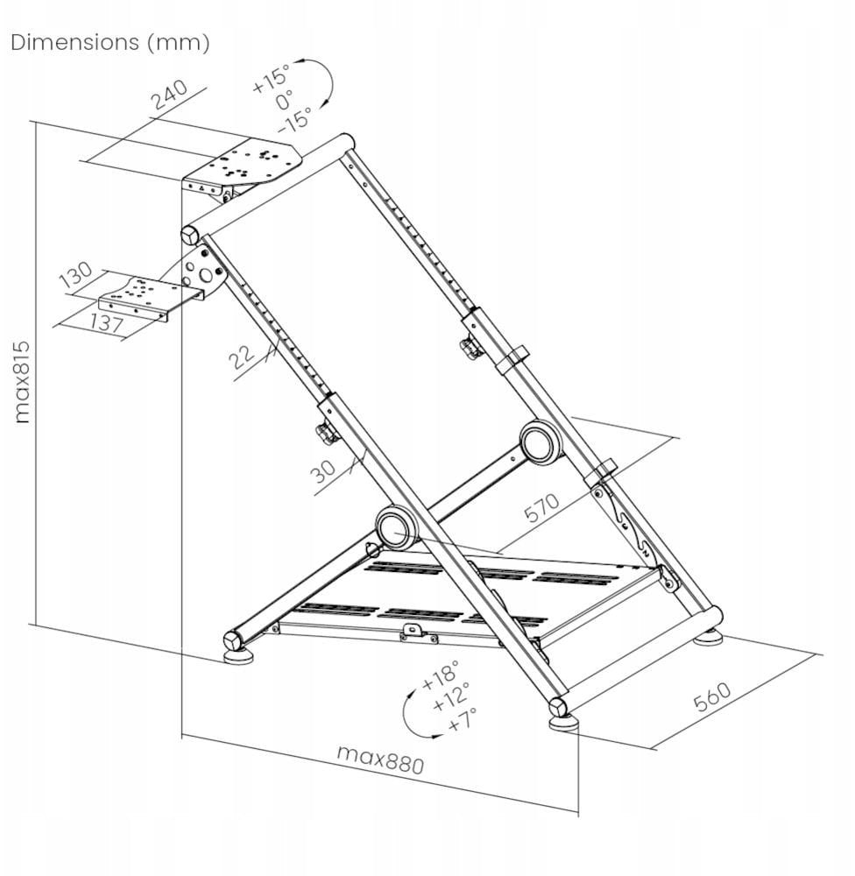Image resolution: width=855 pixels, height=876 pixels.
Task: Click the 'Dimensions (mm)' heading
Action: [110, 43]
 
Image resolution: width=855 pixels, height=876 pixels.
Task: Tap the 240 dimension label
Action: [170, 95]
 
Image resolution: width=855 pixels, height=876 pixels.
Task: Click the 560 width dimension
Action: [712, 696]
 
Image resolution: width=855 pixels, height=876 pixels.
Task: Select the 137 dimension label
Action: [106, 325]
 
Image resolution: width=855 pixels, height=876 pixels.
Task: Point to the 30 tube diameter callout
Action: [323, 471]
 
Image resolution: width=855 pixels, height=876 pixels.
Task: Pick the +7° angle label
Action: [461, 721]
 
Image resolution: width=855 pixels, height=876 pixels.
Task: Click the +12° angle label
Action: [451, 698]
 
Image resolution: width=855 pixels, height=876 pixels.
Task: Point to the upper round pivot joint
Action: [541, 442]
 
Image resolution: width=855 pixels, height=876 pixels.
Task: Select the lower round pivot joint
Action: [398, 527]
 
